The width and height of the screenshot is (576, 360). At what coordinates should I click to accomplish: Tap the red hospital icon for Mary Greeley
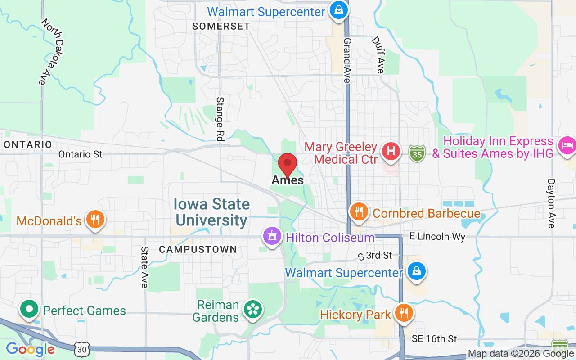[391, 151]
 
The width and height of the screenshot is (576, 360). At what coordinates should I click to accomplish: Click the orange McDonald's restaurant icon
[95, 220]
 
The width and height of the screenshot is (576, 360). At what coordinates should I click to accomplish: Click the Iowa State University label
[212, 212]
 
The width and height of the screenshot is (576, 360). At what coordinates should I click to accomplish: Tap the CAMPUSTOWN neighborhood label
[198, 249]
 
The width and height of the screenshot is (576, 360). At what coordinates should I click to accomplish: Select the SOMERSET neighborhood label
[221, 26]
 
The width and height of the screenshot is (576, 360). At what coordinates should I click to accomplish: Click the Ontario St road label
[81, 154]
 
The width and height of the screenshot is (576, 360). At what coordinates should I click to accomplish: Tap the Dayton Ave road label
[551, 203]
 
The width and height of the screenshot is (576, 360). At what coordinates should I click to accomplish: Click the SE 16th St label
[434, 339]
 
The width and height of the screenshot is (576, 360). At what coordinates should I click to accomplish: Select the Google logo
[30, 349]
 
